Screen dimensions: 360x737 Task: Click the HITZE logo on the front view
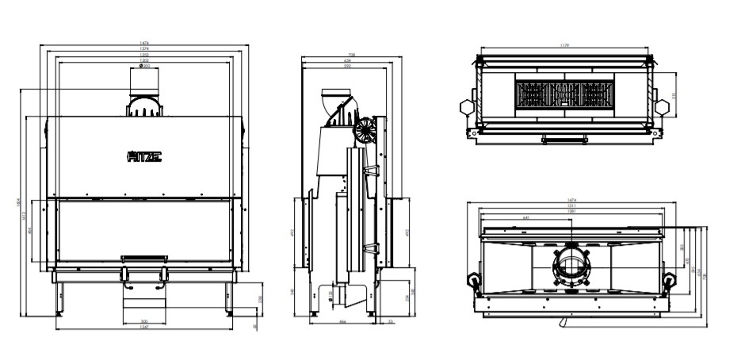[x=144, y=157]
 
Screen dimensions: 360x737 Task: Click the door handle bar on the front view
[x=144, y=257]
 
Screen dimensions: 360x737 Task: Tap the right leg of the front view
[x=231, y=297]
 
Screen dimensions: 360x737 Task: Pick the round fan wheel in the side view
[x=365, y=131]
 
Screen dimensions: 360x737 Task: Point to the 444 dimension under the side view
[x=342, y=322]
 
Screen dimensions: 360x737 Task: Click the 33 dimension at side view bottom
[x=391, y=322]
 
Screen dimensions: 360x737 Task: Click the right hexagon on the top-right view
[x=663, y=106]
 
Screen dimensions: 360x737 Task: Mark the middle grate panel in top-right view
[x=564, y=95]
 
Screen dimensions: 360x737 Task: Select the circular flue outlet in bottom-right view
[x=571, y=265]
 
